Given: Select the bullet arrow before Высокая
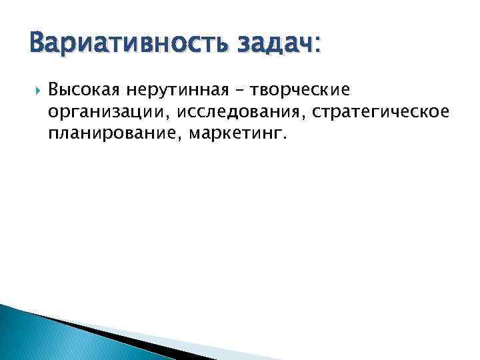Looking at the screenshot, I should pos(35,89).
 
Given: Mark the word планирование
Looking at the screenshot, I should pos(113,135).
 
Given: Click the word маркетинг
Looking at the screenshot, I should pos(235,135).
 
